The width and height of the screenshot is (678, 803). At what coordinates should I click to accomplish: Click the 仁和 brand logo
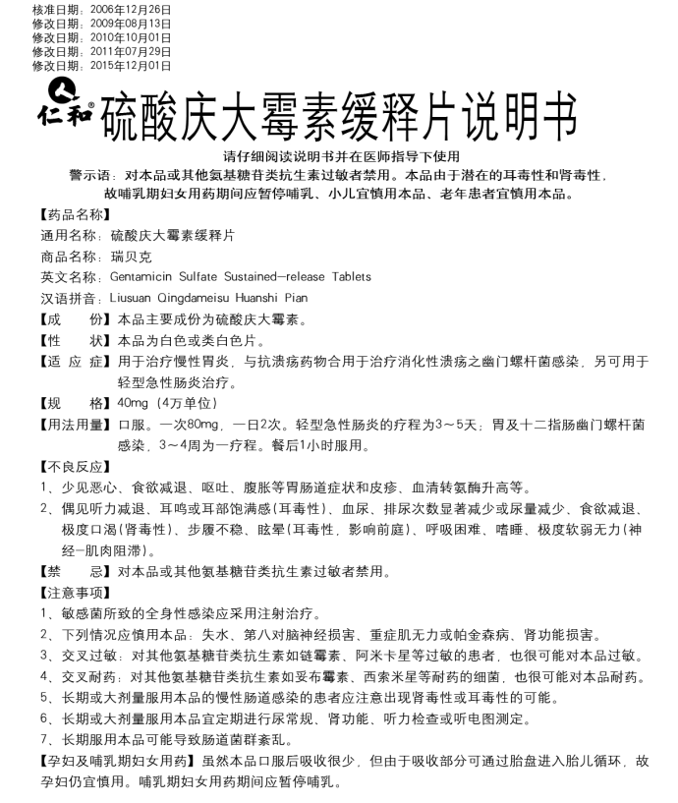tap(66, 98)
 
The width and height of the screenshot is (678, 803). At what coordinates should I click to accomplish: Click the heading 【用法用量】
tap(73, 425)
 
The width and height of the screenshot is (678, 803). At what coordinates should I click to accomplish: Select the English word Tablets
tap(350, 277)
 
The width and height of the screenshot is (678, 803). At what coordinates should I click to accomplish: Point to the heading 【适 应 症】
tap(73, 362)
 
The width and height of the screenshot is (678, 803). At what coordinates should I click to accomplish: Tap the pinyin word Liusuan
tap(134, 298)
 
